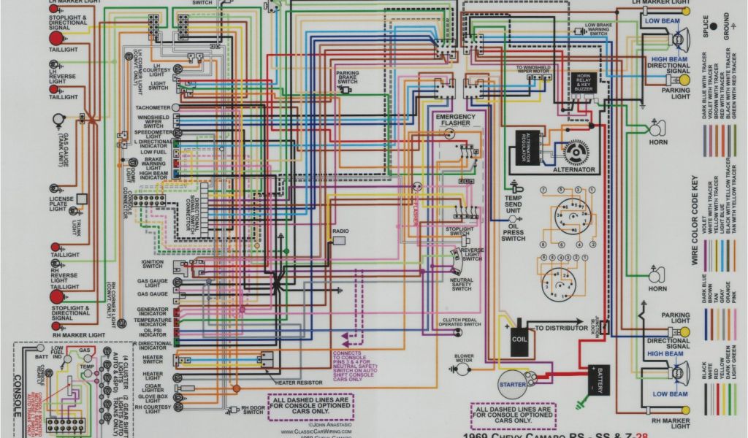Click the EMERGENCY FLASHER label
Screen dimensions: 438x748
point(457,120)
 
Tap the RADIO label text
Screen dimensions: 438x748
point(340,231)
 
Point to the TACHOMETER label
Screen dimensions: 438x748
point(153,108)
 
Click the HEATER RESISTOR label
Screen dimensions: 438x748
point(299,382)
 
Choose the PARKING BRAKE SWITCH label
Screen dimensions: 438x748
point(348,78)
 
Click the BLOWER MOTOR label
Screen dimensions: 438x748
point(465,360)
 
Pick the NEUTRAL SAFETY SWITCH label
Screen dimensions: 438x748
point(462,285)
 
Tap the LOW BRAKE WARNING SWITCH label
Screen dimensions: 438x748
point(598,29)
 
